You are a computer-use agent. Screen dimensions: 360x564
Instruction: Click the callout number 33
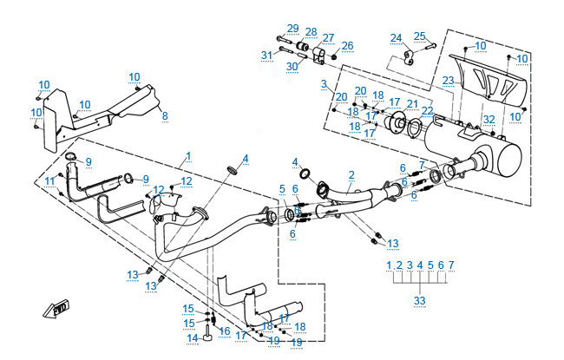tap(419, 300)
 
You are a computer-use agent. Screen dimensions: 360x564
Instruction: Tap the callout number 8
tap(165, 115)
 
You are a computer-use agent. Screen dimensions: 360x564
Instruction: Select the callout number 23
tap(448, 81)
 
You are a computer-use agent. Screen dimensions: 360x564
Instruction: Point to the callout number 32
tap(489, 119)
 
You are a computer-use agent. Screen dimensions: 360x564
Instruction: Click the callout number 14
tap(193, 337)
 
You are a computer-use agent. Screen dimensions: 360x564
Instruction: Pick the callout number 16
tap(224, 331)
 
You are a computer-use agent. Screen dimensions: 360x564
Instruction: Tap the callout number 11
tap(49, 180)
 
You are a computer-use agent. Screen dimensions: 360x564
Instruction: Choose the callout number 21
tap(412, 104)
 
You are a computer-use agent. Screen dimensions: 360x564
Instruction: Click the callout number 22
tap(426, 111)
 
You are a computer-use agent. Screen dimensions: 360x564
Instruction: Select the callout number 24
tap(396, 38)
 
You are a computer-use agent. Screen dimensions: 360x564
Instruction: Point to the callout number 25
tap(420, 36)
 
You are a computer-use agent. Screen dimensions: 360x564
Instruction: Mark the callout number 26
tap(347, 45)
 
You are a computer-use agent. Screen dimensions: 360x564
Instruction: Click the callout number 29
tap(292, 29)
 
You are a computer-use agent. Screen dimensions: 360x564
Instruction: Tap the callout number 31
tap(266, 56)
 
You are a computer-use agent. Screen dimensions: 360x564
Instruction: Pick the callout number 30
tap(293, 66)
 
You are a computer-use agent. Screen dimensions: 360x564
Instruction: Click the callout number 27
tap(328, 37)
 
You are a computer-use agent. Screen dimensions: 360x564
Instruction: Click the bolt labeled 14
tap(207, 327)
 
